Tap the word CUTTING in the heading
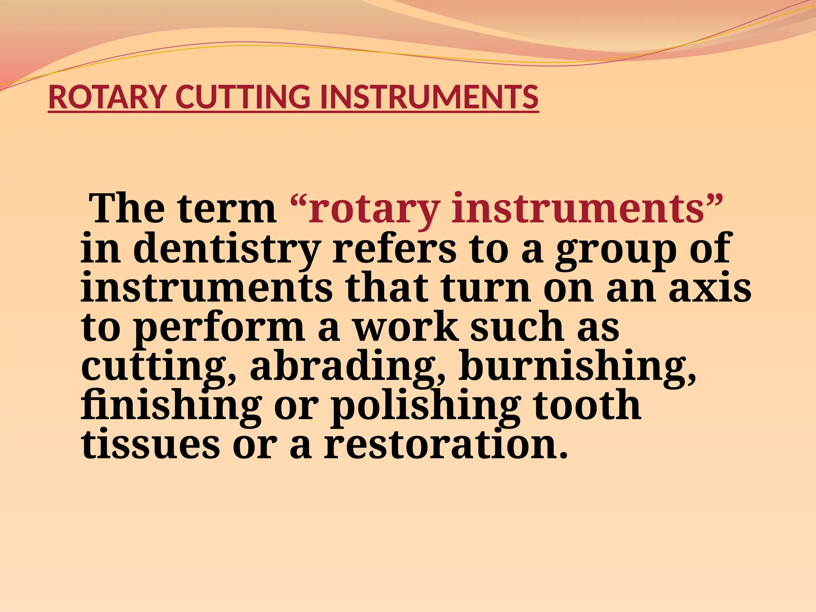[x=243, y=97]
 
